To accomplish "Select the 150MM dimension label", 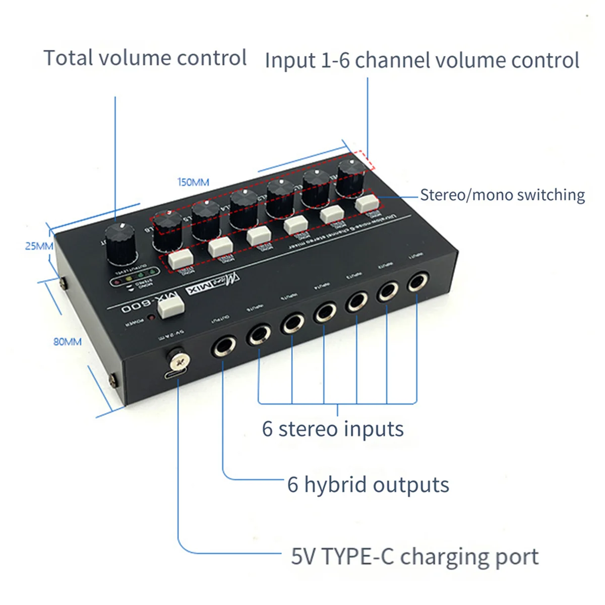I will pos(193,182).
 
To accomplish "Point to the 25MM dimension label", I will pos(39,247).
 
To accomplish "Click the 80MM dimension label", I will pos(68,342).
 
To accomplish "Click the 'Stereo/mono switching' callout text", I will pos(502,195).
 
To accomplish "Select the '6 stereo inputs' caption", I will pos(333,429).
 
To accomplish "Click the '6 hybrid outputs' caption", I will pos(368,485).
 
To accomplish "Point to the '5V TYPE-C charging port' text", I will pos(414,557).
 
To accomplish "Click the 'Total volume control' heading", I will pos(145,58).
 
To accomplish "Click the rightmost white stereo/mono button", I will pos(367,203).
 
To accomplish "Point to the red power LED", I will pos(150,318).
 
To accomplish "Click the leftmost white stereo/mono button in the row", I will pos(180,259).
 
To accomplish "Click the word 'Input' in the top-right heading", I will pos(289,61).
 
